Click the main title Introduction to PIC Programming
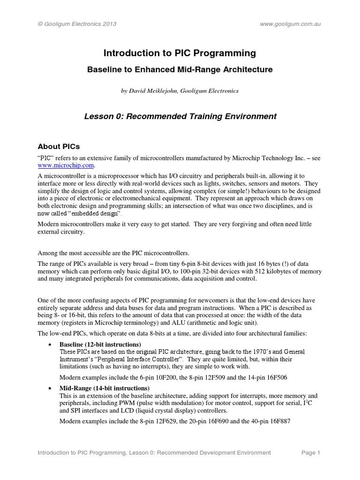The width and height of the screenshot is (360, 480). point(180,53)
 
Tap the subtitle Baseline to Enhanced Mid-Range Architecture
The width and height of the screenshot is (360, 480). point(180,69)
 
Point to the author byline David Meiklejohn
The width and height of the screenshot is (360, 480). point(180,91)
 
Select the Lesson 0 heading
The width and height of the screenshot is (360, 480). point(180,116)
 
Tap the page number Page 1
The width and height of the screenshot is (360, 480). point(310,452)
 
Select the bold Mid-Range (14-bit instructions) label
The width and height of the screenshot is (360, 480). point(105,388)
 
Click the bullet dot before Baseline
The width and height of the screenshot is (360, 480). point(50,345)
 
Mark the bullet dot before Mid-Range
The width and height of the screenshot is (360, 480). point(50,388)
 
